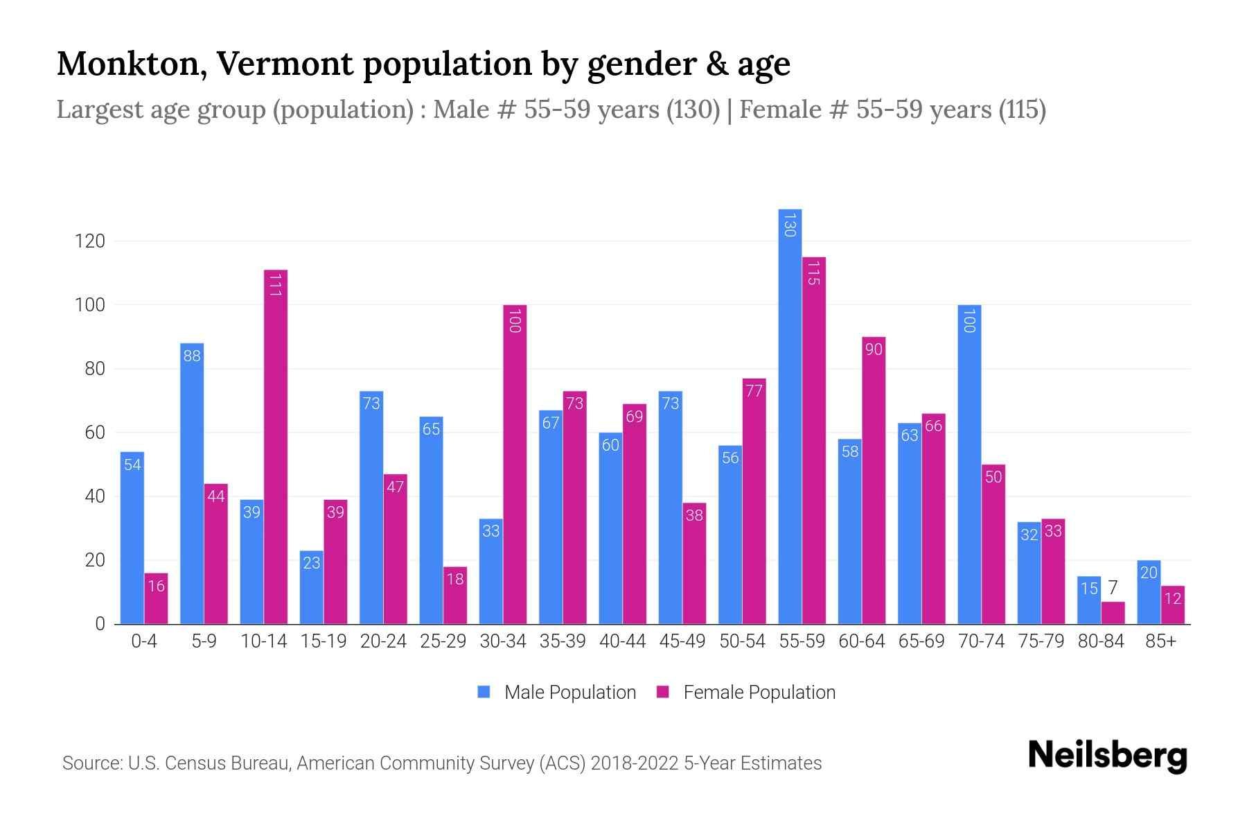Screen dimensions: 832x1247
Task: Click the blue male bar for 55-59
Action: pyautogui.click(x=790, y=416)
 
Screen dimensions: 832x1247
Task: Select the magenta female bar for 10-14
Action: pyautogui.click(x=276, y=447)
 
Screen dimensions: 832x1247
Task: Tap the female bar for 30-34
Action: pyautogui.click(x=515, y=465)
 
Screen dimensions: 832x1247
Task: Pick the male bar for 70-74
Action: pyautogui.click(x=969, y=465)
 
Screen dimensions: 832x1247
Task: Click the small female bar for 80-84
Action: pyautogui.click(x=1113, y=613)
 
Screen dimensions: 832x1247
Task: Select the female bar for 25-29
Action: pyautogui.click(x=455, y=596)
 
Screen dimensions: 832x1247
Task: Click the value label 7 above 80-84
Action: pyautogui.click(x=1113, y=588)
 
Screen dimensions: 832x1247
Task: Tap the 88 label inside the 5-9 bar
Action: pyautogui.click(x=192, y=356)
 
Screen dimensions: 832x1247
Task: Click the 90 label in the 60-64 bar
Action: pyautogui.click(x=874, y=349)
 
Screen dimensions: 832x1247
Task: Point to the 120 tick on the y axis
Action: pyautogui.click(x=90, y=241)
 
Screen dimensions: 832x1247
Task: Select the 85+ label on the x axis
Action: pyautogui.click(x=1160, y=641)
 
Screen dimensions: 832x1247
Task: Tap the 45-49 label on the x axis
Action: pyautogui.click(x=682, y=641)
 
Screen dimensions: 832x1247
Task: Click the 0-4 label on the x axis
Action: pyautogui.click(x=144, y=641)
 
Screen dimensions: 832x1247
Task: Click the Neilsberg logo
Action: pyautogui.click(x=1107, y=756)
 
